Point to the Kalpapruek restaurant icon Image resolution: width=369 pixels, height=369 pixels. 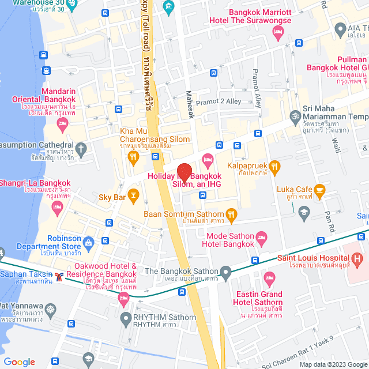coord(274,168)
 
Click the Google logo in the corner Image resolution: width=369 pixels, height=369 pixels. coord(19,362)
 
